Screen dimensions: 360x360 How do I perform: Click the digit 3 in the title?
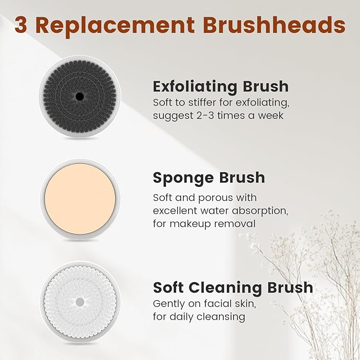tap(22, 24)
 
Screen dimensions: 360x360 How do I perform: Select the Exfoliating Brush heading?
tap(221, 86)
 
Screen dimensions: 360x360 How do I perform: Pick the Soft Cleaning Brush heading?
tap(233, 287)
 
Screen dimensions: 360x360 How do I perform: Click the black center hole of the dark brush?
tap(80, 96)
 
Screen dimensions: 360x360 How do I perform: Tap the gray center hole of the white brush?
tap(80, 301)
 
